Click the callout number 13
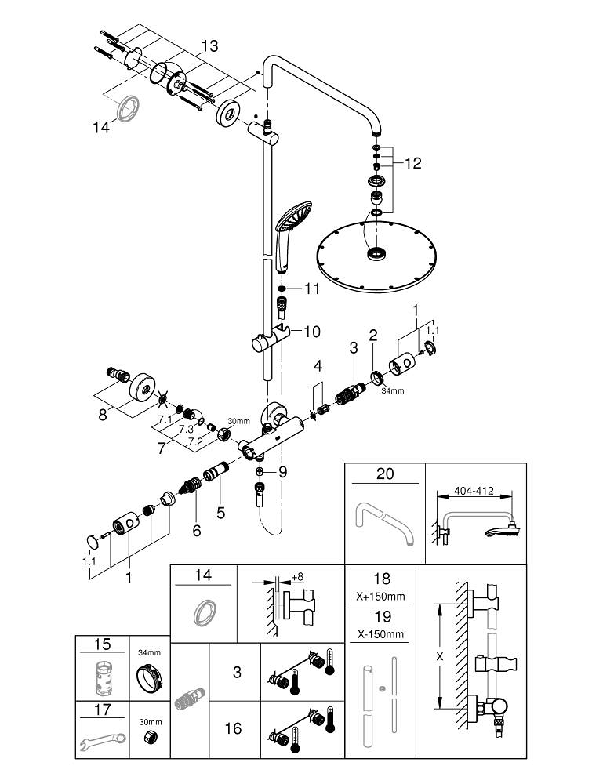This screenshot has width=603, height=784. click(x=209, y=46)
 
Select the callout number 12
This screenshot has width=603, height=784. click(x=412, y=163)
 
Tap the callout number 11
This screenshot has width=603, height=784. click(x=313, y=289)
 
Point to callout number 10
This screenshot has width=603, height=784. click(x=312, y=332)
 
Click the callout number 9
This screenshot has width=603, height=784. click(x=282, y=472)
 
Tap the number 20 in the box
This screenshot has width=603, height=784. click(x=384, y=474)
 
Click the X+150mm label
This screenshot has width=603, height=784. click(x=382, y=596)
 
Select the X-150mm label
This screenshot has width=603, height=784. click(x=382, y=633)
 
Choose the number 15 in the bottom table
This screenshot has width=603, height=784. click(x=102, y=645)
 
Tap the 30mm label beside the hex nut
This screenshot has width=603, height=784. click(x=149, y=722)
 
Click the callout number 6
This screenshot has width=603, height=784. click(x=196, y=531)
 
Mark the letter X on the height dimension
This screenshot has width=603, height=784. click(x=440, y=656)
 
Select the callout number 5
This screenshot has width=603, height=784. click(x=221, y=514)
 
